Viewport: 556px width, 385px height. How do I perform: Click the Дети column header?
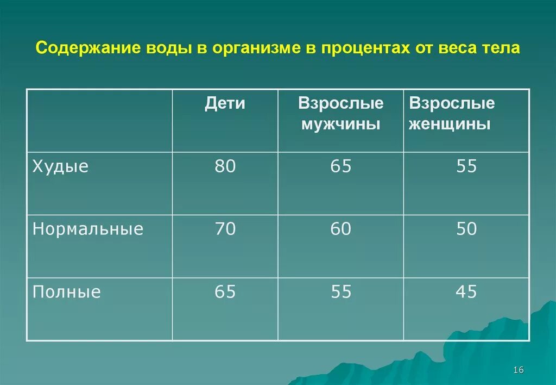point(225,103)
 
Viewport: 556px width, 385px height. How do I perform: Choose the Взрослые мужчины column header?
point(340,114)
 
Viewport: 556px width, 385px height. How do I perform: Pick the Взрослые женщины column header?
point(452,114)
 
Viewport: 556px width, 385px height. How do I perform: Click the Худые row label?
point(60,166)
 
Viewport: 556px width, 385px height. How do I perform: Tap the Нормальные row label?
point(88,229)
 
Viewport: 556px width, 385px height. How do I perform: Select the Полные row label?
point(67,293)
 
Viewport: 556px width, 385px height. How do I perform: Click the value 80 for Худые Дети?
point(225,166)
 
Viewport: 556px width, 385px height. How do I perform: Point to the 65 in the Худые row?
point(341,166)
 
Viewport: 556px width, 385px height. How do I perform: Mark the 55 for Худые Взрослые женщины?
point(466,166)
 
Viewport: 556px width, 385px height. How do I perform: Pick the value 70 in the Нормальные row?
point(225,229)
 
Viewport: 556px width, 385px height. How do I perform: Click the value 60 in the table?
point(341,229)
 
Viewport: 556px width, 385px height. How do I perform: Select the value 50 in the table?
point(466,229)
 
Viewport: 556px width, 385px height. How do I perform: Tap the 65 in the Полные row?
point(225,293)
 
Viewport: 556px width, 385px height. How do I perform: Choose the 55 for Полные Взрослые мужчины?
point(341,293)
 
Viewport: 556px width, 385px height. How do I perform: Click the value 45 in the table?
point(466,293)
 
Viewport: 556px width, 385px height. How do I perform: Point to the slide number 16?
point(517,370)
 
